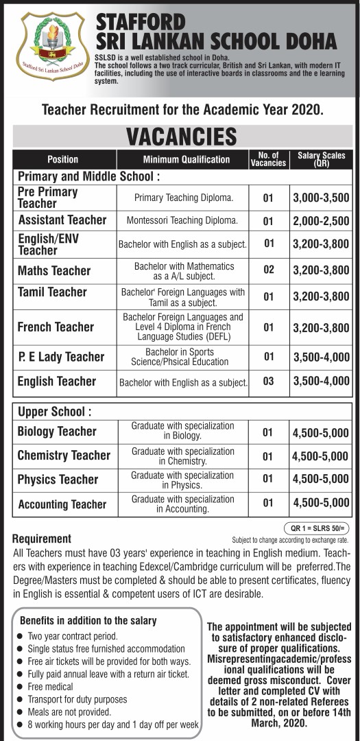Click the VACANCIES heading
click(x=181, y=136)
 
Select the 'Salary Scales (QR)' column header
click(x=321, y=160)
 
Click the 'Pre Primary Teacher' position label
click(x=48, y=198)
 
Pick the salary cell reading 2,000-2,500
click(x=321, y=221)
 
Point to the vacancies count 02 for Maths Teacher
click(x=268, y=270)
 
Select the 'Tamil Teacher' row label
click(x=53, y=292)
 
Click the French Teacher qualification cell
click(x=182, y=327)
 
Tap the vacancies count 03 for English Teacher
click(x=268, y=381)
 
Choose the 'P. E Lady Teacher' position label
click(x=61, y=357)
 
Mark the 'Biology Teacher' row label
click(x=57, y=432)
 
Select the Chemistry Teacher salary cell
click(x=321, y=456)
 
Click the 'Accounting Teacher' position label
click(x=62, y=504)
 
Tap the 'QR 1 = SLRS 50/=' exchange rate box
click(x=316, y=528)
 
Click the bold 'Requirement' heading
click(x=42, y=539)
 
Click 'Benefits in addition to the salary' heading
click(x=88, y=620)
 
